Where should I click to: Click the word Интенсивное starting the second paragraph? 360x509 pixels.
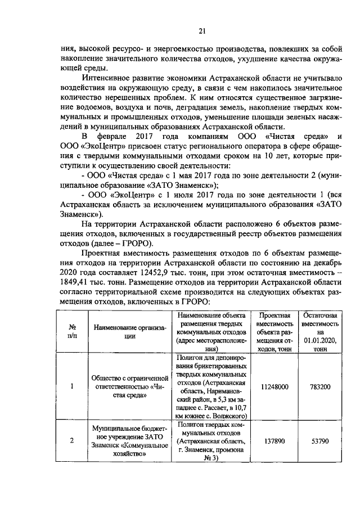pos(109,77)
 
